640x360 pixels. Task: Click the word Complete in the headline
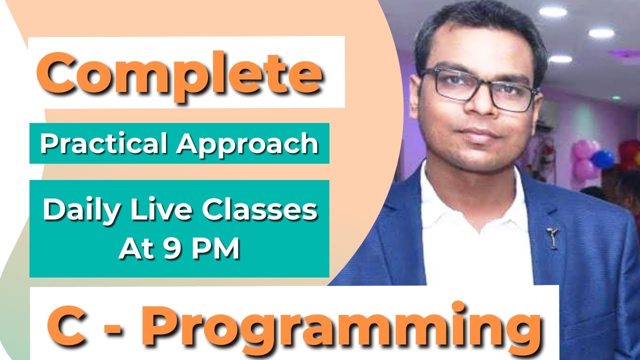coord(179,75)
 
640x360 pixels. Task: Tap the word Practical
coord(103,142)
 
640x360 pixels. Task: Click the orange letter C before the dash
coord(67,325)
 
